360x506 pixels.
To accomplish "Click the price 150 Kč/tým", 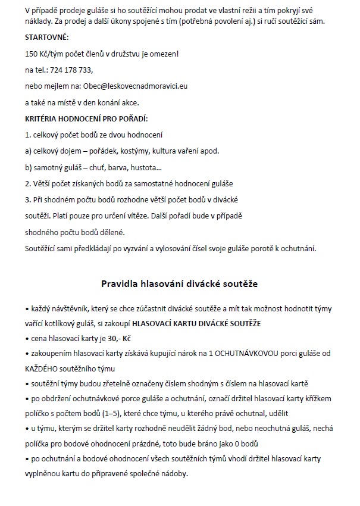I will tap(45, 54).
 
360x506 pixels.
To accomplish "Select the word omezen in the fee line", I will tap(162, 54).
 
